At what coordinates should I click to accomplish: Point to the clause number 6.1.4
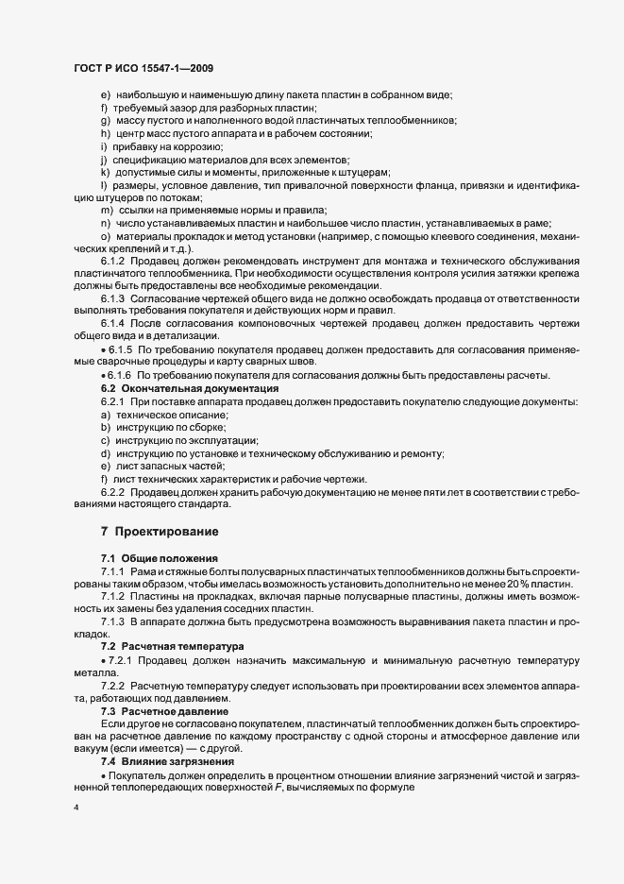(x=115, y=324)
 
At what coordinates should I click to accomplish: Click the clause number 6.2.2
(x=115, y=492)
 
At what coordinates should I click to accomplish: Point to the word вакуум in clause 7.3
(x=93, y=748)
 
